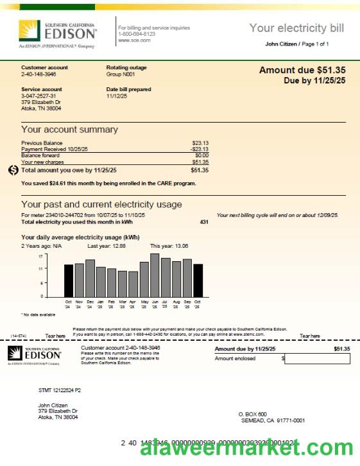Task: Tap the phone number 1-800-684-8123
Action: pos(136,34)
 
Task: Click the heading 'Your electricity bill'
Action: pos(296,28)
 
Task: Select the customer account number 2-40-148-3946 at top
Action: pos(39,74)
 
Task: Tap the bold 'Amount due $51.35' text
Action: pos(302,70)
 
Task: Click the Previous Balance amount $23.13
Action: pos(200,143)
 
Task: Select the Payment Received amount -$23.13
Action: pos(200,150)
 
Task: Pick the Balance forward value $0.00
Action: pos(201,155)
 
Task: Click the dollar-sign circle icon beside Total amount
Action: pos(13,170)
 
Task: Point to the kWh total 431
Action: pos(204,221)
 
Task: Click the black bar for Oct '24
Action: pos(69,280)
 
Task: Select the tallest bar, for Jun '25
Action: pos(155,275)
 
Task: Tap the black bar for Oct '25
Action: pos(198,280)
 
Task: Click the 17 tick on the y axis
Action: pos(40,256)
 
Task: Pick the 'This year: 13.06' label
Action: pos(169,246)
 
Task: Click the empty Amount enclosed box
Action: pos(317,359)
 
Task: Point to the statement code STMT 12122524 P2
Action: pos(60,390)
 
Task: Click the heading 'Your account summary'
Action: pos(69,130)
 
